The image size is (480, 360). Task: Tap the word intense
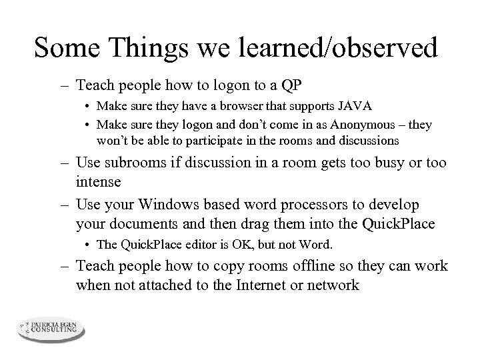(x=99, y=181)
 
